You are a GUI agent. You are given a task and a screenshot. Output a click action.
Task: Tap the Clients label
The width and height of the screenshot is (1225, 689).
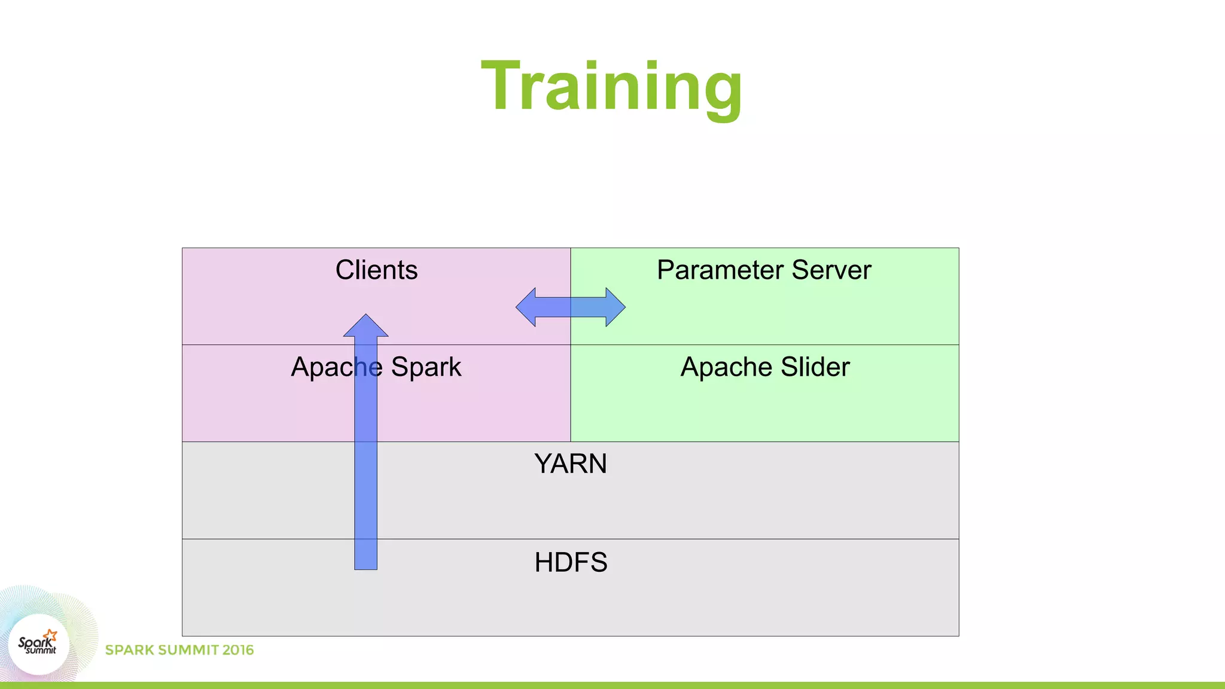376,270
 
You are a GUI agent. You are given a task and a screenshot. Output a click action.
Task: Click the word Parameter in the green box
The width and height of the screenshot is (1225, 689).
720,270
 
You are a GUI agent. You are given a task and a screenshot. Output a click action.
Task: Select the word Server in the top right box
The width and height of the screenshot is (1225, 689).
831,270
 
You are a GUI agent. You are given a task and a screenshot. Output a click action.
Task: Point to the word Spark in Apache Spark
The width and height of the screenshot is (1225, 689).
426,367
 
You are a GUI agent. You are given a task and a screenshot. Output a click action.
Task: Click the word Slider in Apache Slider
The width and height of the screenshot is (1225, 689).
815,367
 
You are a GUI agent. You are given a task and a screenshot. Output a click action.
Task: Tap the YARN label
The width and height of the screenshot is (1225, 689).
570,464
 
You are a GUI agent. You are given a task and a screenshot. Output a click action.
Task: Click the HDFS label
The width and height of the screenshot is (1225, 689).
571,562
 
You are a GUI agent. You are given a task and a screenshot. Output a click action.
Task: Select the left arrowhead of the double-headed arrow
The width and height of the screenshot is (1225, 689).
527,307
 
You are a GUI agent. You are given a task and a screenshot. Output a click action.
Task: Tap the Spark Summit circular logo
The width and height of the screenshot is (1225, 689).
39,645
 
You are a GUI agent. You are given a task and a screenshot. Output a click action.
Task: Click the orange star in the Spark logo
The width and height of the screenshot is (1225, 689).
50,635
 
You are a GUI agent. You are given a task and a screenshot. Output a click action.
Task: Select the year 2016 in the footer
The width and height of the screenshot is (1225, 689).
237,650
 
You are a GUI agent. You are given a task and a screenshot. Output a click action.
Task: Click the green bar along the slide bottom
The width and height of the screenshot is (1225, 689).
612,685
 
